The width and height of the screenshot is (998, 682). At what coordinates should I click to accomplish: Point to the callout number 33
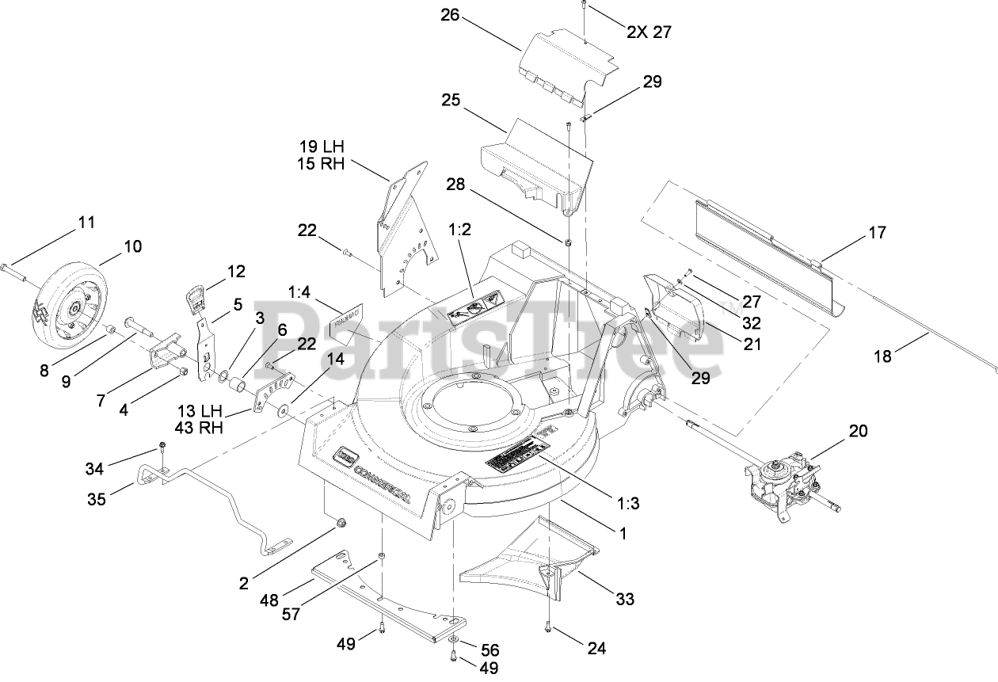625,600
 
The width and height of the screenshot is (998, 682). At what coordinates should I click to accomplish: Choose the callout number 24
596,648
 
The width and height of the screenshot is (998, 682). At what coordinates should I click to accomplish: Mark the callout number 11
86,222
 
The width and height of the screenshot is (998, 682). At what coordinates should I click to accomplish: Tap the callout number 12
236,271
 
